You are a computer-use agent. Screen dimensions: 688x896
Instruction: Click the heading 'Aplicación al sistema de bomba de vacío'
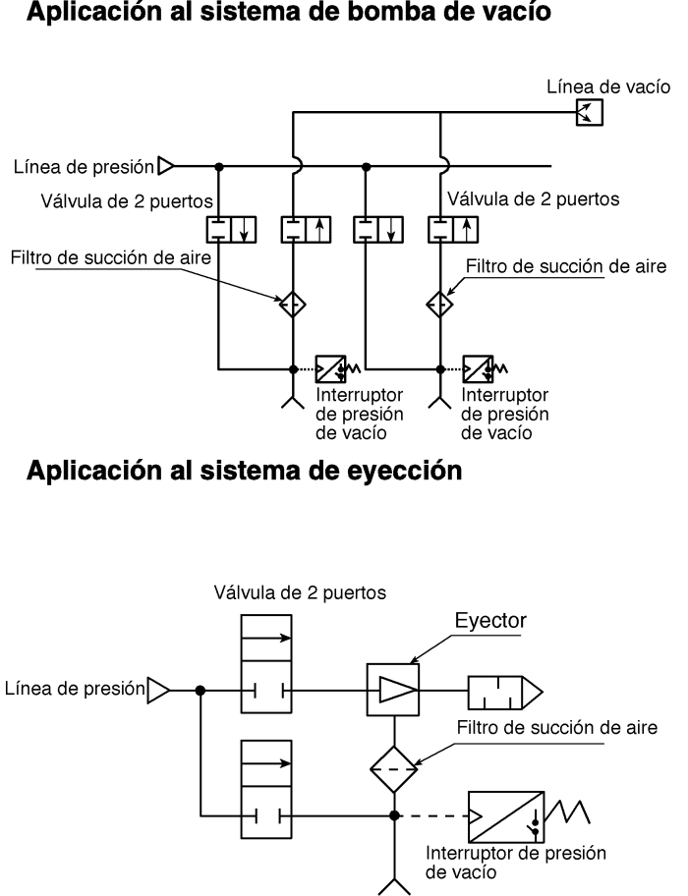[289, 12]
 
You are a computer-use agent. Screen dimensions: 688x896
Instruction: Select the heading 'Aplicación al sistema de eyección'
[244, 471]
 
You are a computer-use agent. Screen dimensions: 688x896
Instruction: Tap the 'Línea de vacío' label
[608, 86]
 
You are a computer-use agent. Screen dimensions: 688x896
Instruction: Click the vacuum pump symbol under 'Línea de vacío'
[589, 112]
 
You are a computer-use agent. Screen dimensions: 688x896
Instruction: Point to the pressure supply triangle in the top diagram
[166, 166]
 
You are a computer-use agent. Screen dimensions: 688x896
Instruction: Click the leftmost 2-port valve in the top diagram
[231, 230]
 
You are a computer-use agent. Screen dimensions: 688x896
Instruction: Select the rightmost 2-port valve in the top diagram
[453, 230]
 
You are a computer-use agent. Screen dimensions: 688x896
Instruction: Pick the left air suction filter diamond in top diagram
[293, 304]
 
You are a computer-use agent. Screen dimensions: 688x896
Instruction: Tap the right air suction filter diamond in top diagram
[440, 304]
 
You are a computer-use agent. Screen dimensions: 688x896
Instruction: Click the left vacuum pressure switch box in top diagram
[331, 369]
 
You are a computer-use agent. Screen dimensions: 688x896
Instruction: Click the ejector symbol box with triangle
[392, 690]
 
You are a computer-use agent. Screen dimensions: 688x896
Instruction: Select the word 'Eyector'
[490, 621]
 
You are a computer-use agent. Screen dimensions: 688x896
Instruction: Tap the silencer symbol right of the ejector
[505, 693]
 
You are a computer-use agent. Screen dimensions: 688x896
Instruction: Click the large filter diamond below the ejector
[394, 769]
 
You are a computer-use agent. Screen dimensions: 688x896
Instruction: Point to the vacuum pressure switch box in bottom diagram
[506, 816]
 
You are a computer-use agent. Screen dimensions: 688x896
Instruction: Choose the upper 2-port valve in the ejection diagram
[266, 664]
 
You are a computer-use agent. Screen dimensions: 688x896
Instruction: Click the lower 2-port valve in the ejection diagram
[266, 789]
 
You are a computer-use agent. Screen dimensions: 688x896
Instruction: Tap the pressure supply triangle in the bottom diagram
[159, 691]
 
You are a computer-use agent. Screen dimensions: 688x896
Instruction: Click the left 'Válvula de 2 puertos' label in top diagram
[127, 201]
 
